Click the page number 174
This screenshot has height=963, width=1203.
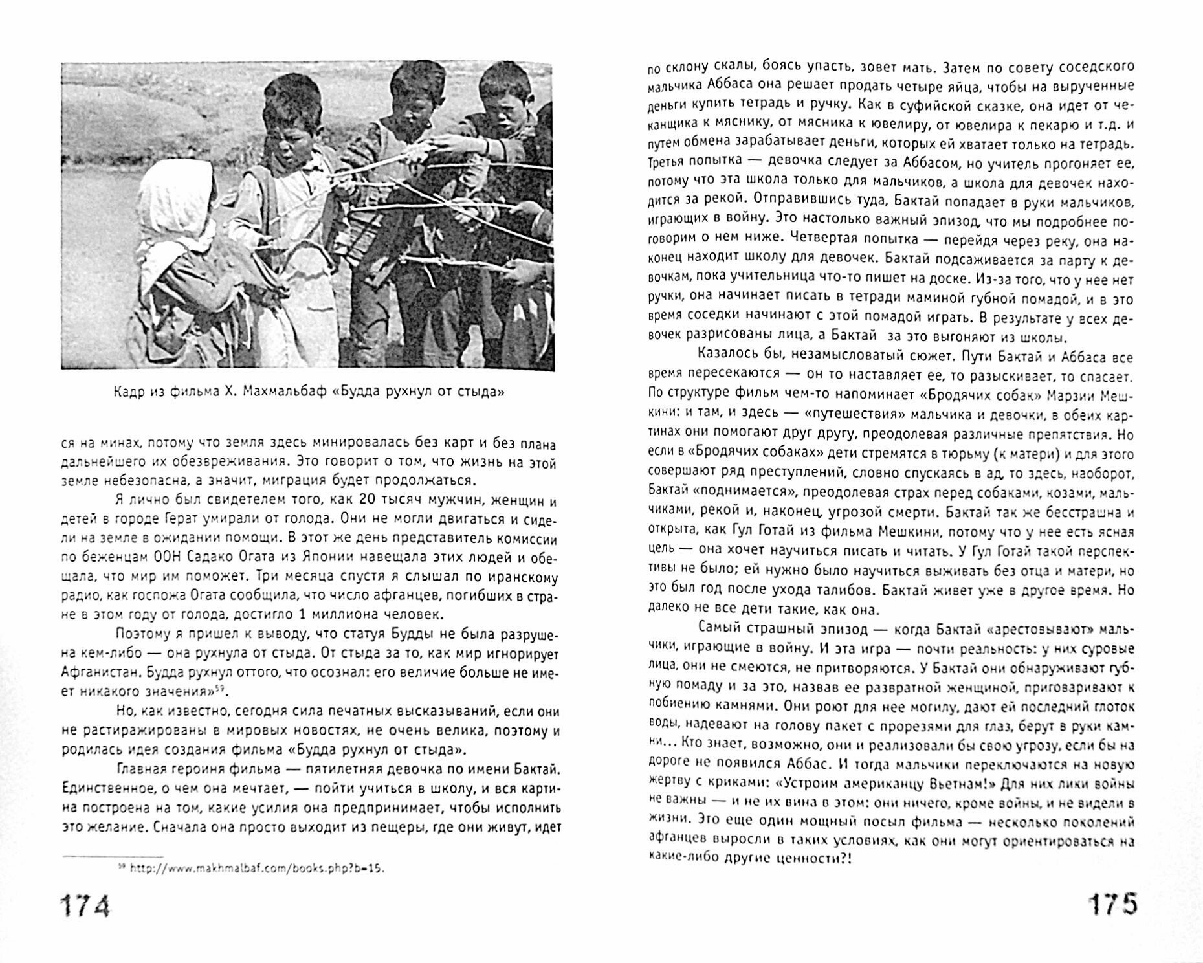click(85, 906)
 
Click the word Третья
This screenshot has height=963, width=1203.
click(671, 161)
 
